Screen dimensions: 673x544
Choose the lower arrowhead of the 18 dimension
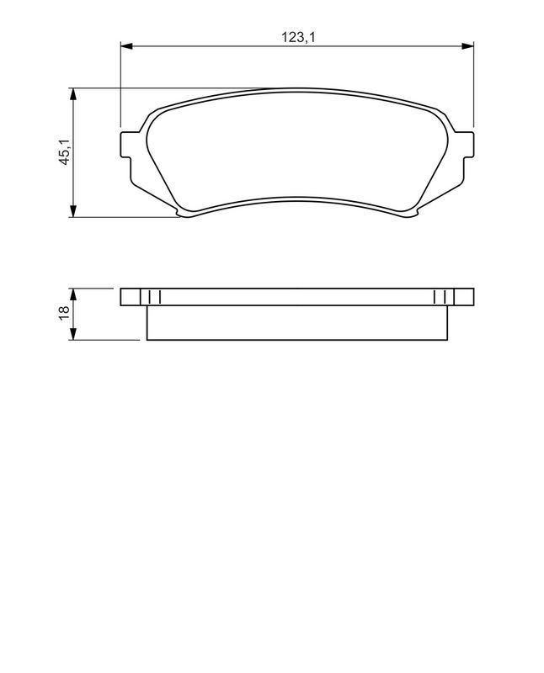click(74, 335)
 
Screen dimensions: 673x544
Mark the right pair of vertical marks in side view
click(440, 297)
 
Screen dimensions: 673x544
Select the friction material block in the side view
click(296, 323)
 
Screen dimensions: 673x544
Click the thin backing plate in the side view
click(296, 297)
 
